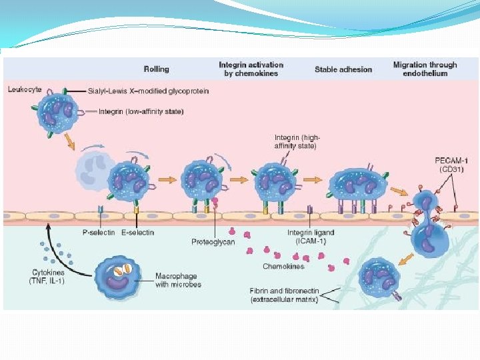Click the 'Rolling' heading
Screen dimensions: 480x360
(156, 69)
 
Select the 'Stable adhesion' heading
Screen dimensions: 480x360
(343, 69)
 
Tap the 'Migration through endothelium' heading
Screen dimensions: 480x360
(425, 69)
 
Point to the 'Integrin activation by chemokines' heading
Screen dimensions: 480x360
(251, 69)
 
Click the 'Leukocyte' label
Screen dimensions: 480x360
(25, 88)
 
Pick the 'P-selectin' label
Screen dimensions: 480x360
(95, 232)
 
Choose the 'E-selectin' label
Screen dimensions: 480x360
(138, 232)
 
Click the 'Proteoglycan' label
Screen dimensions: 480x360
(213, 241)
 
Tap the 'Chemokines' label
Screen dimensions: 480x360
(283, 266)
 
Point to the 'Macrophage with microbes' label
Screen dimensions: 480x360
(178, 280)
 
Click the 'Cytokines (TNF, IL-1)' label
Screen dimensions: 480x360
(48, 277)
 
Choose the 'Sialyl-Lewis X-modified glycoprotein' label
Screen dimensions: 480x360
(148, 91)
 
